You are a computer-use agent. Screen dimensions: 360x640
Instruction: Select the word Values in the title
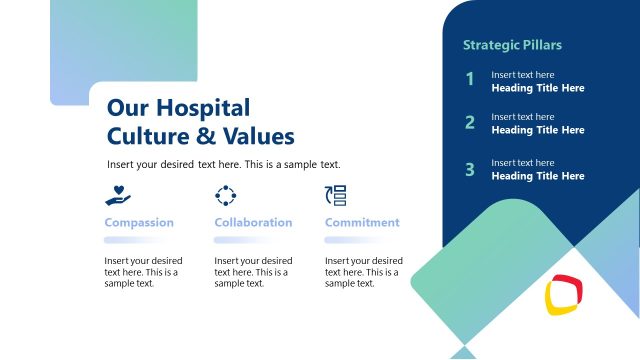258,136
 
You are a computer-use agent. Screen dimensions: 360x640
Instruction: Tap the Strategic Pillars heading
512,45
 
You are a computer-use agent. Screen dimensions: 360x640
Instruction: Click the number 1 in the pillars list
469,80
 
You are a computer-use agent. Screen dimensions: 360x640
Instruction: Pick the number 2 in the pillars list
469,123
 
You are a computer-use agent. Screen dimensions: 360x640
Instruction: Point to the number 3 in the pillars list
469,169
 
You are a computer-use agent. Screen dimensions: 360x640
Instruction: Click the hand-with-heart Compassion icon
118,195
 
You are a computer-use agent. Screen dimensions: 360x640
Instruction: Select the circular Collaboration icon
226,195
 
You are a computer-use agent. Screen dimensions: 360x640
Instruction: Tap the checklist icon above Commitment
337,195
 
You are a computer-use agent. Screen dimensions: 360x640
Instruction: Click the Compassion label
139,222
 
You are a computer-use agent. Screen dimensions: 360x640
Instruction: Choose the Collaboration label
253,222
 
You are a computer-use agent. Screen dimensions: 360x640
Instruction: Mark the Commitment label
362,222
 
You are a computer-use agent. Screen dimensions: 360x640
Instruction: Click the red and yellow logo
564,294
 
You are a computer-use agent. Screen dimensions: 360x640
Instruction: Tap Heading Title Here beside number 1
537,88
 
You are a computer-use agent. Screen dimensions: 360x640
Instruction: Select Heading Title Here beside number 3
537,176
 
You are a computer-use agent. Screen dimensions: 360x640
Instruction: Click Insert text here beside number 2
522,117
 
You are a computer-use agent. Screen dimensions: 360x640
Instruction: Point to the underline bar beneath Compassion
139,240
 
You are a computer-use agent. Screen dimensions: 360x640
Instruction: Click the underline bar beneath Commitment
362,240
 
